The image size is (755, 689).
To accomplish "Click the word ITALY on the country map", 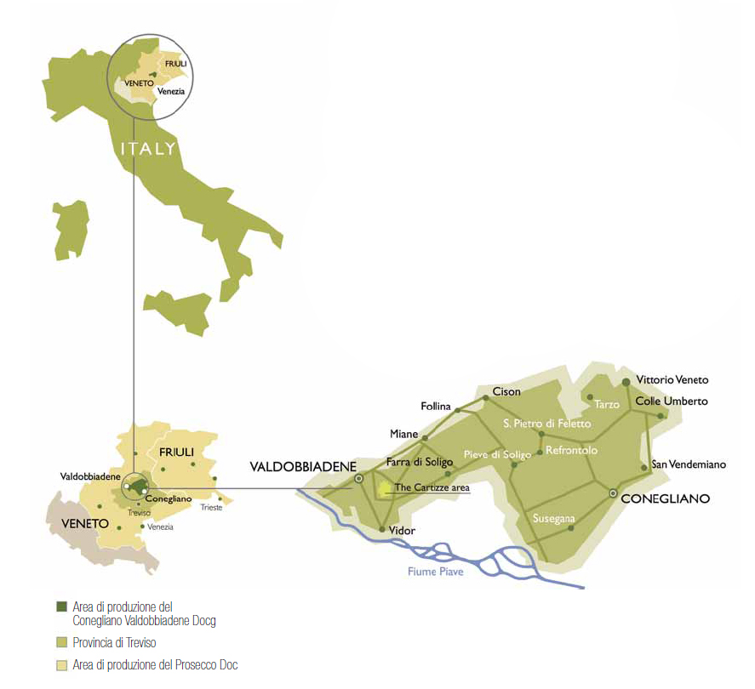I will (148, 149).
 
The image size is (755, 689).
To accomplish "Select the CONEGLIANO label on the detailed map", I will (666, 499).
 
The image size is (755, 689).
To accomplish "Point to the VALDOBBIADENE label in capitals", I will (302, 466).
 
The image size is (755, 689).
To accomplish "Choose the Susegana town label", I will (553, 518).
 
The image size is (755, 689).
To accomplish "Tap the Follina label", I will (436, 407).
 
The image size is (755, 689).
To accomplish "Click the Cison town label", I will (507, 392).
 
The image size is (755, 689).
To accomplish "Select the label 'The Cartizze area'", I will (432, 488).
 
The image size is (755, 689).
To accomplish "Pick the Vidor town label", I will (402, 531).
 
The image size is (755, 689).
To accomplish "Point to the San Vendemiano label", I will (689, 464).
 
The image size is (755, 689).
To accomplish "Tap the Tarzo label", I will (607, 404).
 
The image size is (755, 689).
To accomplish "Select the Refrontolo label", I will (571, 450).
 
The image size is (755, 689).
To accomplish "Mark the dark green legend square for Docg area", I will (60, 606).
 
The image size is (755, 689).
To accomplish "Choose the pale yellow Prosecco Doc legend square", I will (60, 664).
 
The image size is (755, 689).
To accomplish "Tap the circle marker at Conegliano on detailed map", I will (613, 493).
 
